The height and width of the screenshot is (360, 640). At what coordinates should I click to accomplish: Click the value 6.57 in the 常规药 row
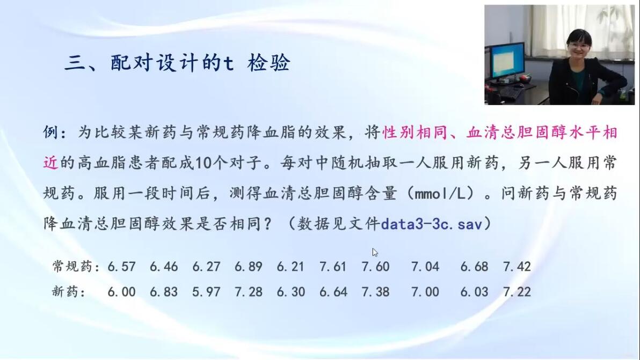[122, 267]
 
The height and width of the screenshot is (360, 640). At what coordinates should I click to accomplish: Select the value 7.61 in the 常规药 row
[333, 267]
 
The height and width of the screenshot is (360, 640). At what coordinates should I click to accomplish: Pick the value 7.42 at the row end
[517, 267]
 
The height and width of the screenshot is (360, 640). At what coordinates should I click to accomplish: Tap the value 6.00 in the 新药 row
[122, 292]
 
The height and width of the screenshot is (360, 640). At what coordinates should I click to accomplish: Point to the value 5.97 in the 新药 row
[206, 292]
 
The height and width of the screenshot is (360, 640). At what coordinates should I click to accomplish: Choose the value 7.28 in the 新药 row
[248, 292]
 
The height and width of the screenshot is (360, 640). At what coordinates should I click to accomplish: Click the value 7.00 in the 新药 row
[425, 292]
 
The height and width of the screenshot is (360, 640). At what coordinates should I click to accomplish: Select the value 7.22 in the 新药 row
[517, 292]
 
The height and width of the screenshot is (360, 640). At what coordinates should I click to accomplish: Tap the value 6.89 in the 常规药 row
[248, 267]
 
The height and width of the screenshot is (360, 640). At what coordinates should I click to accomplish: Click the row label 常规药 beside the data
[72, 266]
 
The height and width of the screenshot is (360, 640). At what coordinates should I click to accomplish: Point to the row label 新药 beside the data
[66, 291]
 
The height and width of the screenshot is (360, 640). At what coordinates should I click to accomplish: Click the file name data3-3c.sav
[432, 224]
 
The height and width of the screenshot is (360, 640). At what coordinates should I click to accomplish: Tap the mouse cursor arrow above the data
[375, 252]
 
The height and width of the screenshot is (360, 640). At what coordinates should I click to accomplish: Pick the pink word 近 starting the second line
[50, 163]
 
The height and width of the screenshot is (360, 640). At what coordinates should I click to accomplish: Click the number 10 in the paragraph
[203, 163]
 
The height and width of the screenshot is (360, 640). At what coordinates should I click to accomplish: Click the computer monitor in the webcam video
[507, 60]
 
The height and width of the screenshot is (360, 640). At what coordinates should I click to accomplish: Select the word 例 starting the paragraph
[50, 133]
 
